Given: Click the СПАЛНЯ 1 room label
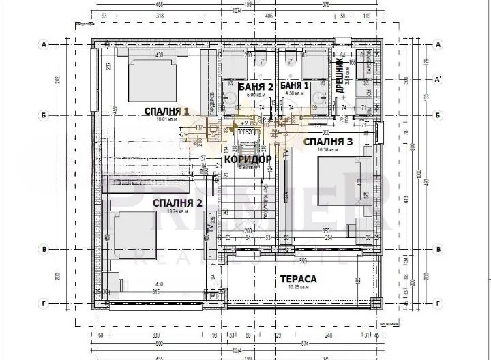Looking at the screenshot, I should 166,110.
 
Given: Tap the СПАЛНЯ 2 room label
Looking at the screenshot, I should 177,202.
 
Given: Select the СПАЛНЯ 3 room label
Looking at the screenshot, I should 328,142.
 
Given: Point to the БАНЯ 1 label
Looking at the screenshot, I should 295,86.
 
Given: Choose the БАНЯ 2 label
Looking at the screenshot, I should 256,87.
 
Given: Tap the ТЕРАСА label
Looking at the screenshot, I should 298,279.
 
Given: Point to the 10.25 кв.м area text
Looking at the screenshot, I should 298,287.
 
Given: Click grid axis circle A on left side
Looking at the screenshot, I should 43,45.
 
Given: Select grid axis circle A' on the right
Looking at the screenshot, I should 439,79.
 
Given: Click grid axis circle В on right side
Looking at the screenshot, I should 438,250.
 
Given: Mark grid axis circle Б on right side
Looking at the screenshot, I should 438,115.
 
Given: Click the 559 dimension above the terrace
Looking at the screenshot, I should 302,260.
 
